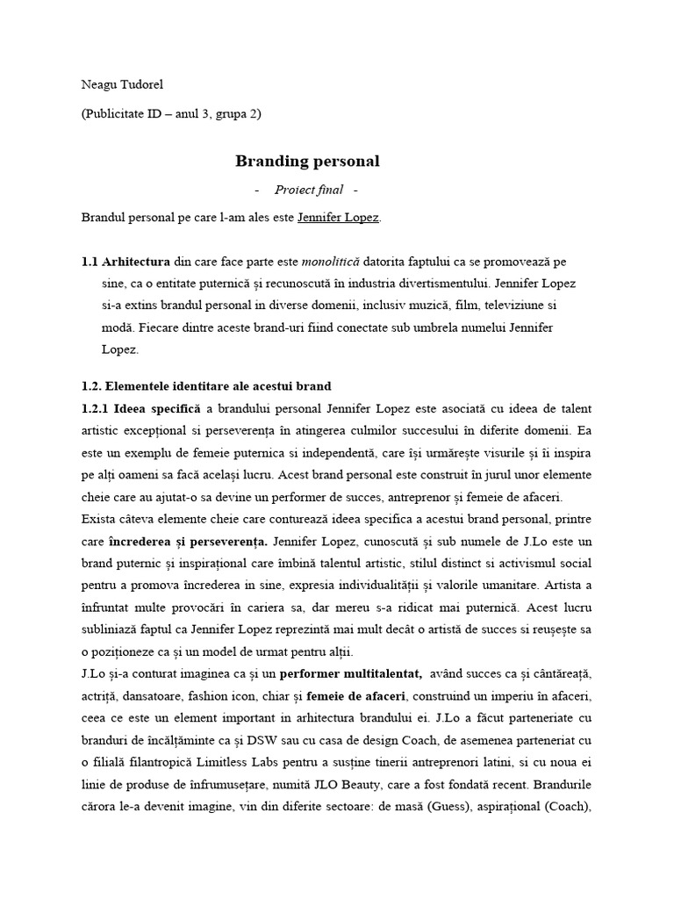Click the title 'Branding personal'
pyautogui.click(x=307, y=161)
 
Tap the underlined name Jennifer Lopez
pyautogui.click(x=339, y=217)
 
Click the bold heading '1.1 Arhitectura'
pyautogui.click(x=123, y=262)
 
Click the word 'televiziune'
pyautogui.click(x=504, y=306)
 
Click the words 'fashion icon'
pyautogui.click(x=219, y=695)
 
